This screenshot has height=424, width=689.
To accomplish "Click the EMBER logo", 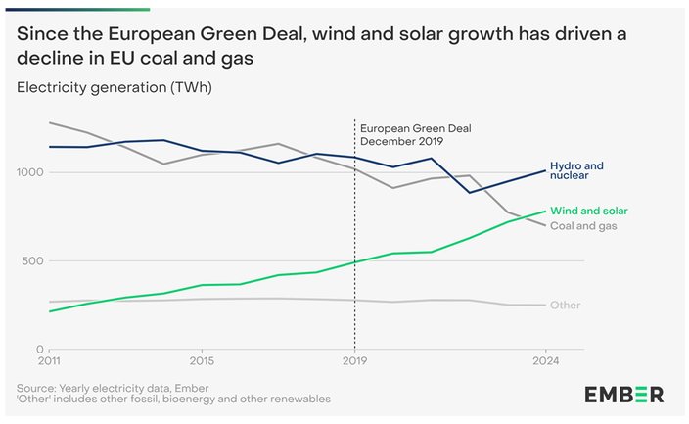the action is tap(624, 395).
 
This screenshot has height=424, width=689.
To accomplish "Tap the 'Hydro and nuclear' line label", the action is tap(576, 170).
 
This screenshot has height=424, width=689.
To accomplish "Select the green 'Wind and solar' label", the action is tap(589, 211).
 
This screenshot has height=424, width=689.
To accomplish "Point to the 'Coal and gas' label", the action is tap(583, 226).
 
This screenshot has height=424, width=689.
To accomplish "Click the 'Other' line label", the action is tap(565, 305).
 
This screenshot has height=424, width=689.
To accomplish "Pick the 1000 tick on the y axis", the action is tap(30, 172).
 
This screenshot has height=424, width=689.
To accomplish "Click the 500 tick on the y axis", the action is tap(33, 260).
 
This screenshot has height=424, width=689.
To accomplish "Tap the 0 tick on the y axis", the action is tap(40, 350).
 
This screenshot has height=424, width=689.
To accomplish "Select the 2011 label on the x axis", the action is tap(49, 361).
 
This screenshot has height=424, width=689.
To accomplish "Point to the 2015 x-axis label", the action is tap(202, 361).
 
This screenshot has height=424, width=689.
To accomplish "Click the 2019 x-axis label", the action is tap(354, 361).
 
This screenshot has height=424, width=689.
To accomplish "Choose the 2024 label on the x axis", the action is tap(546, 361).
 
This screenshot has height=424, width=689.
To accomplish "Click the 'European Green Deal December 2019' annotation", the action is tap(416, 135).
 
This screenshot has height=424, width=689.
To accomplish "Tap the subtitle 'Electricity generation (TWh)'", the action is tap(115, 87).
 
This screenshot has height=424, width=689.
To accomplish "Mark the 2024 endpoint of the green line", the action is tap(545, 212).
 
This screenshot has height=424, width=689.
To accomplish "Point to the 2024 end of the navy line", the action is tap(545, 170).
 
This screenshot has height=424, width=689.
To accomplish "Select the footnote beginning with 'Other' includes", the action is tap(173, 399).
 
